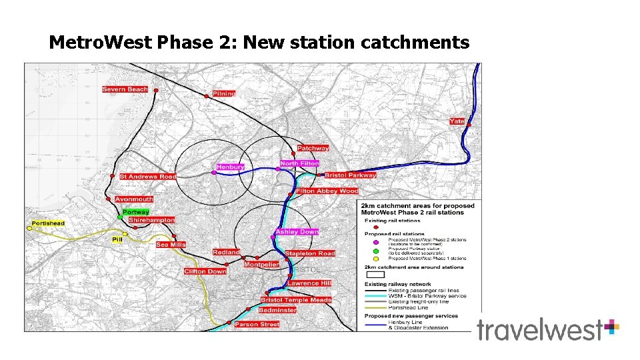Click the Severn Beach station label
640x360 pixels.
coord(125,89)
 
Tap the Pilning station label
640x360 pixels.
coord(224,93)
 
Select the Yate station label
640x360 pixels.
coord(457,121)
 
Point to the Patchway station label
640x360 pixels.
coord(313,148)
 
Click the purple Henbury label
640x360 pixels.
coord(230,167)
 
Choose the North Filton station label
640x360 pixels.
coord(299,163)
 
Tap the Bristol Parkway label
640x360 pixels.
coord(350,175)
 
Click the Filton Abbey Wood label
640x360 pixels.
coord(327,191)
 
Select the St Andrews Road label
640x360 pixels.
coord(148,177)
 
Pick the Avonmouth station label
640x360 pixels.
coord(134,199)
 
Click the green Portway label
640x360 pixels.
coord(136,212)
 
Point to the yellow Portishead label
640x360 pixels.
coord(49,223)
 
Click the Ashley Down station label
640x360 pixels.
coord(297,232)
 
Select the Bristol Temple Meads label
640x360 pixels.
coord(296,300)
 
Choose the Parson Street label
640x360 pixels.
coord(257,325)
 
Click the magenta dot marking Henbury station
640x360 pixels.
coord(214,173)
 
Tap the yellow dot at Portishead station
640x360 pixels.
coord(29,229)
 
